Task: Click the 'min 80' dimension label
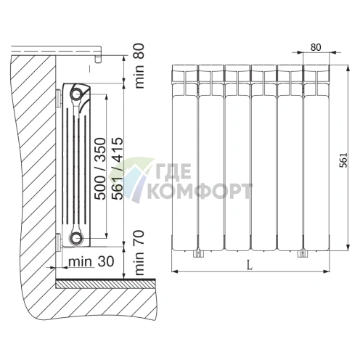coord(139,66)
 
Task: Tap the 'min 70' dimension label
coord(139,253)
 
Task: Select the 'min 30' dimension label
coord(91,262)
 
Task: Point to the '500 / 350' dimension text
coord(100,168)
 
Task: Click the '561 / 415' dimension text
coord(118,168)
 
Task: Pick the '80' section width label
coord(316,47)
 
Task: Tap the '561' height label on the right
coord(343,160)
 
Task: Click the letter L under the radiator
coord(250,266)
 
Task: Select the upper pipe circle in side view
coord(76,94)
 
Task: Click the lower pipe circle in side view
coord(76,238)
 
